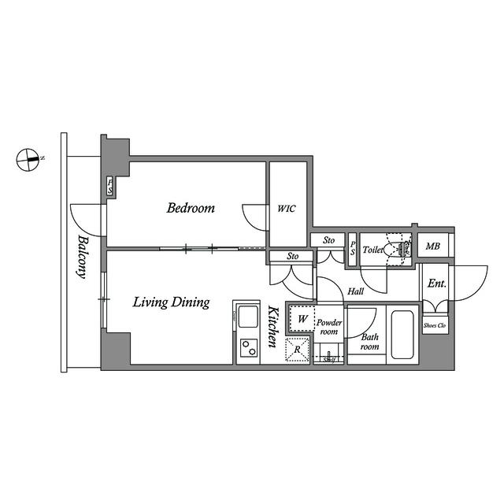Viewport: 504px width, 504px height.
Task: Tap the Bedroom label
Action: click(191, 209)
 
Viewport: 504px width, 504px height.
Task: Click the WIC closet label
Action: click(286, 209)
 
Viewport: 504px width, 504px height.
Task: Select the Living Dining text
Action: click(170, 302)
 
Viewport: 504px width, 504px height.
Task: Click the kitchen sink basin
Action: click(247, 319)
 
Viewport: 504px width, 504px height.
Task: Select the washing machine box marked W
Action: click(301, 319)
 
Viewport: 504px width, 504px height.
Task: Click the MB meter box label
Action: click(432, 247)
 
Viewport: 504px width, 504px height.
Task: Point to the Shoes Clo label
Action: click(435, 324)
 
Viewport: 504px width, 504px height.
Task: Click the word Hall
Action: click(355, 291)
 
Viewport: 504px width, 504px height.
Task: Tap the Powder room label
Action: click(328, 327)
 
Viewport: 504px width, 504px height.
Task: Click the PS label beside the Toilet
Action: click(352, 248)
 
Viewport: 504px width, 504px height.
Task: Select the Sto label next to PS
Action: click(328, 240)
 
